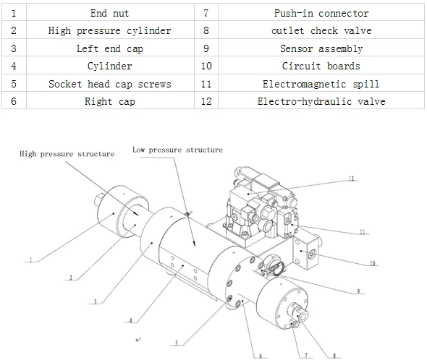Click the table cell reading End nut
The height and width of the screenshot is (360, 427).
pyautogui.click(x=110, y=12)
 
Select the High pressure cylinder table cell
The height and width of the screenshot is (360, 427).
pyautogui.click(x=110, y=30)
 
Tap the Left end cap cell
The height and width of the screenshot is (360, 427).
pyautogui.click(x=110, y=48)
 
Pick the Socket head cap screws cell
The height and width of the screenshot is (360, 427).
pyautogui.click(x=110, y=83)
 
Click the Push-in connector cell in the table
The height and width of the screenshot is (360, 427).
pyautogui.click(x=321, y=12)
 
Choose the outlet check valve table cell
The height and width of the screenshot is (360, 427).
pyautogui.click(x=321, y=30)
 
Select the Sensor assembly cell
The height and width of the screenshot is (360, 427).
pyautogui.click(x=321, y=48)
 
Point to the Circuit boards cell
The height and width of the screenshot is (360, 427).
pyautogui.click(x=321, y=66)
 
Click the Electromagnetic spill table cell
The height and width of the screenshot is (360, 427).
pyautogui.click(x=321, y=83)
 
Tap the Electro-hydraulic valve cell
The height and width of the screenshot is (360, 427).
pyautogui.click(x=321, y=101)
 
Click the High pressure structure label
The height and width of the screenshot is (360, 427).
pyautogui.click(x=67, y=154)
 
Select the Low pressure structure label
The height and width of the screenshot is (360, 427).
pyautogui.click(x=177, y=150)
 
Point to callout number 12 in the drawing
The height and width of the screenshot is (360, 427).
pyautogui.click(x=351, y=179)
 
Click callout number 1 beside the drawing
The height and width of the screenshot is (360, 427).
pyautogui.click(x=31, y=260)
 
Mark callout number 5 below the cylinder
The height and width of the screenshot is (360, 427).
pyautogui.click(x=177, y=343)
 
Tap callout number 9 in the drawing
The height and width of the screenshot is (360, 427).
pyautogui.click(x=358, y=291)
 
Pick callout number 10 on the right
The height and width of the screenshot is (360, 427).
pyautogui.click(x=372, y=263)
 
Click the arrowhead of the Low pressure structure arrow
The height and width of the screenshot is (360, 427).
pyautogui.click(x=194, y=244)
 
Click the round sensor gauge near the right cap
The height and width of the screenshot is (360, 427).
pyautogui.click(x=273, y=265)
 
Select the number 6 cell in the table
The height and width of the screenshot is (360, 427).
pyautogui.click(x=14, y=101)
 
